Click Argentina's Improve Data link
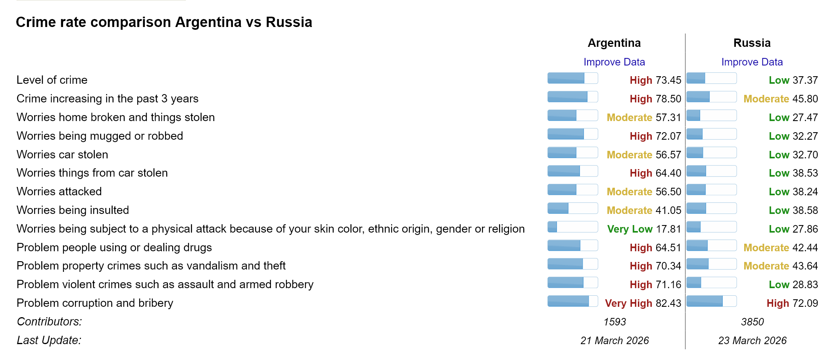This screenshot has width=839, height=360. click(614, 62)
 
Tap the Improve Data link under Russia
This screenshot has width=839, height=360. click(752, 62)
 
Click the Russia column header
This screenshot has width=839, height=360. click(752, 43)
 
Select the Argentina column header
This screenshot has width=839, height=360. click(614, 43)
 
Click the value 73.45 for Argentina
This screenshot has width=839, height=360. click(668, 80)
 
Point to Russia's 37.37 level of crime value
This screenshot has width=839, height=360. click(805, 80)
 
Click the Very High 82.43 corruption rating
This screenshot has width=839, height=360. click(643, 303)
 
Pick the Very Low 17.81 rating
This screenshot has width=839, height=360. click(644, 229)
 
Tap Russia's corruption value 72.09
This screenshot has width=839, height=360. click(805, 303)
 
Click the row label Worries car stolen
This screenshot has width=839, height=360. click(62, 154)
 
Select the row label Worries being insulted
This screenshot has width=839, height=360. click(73, 210)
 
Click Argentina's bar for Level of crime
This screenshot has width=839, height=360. click(572, 78)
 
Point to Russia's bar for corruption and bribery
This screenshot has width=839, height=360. click(711, 301)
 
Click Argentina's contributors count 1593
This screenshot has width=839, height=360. click(614, 322)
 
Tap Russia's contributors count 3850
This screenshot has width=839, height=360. click(752, 322)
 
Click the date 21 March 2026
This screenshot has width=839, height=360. click(614, 341)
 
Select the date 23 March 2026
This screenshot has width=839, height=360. click(752, 341)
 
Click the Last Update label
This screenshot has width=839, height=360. click(49, 341)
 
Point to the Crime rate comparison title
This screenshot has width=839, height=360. click(164, 22)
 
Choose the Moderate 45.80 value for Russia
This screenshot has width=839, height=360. click(780, 99)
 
